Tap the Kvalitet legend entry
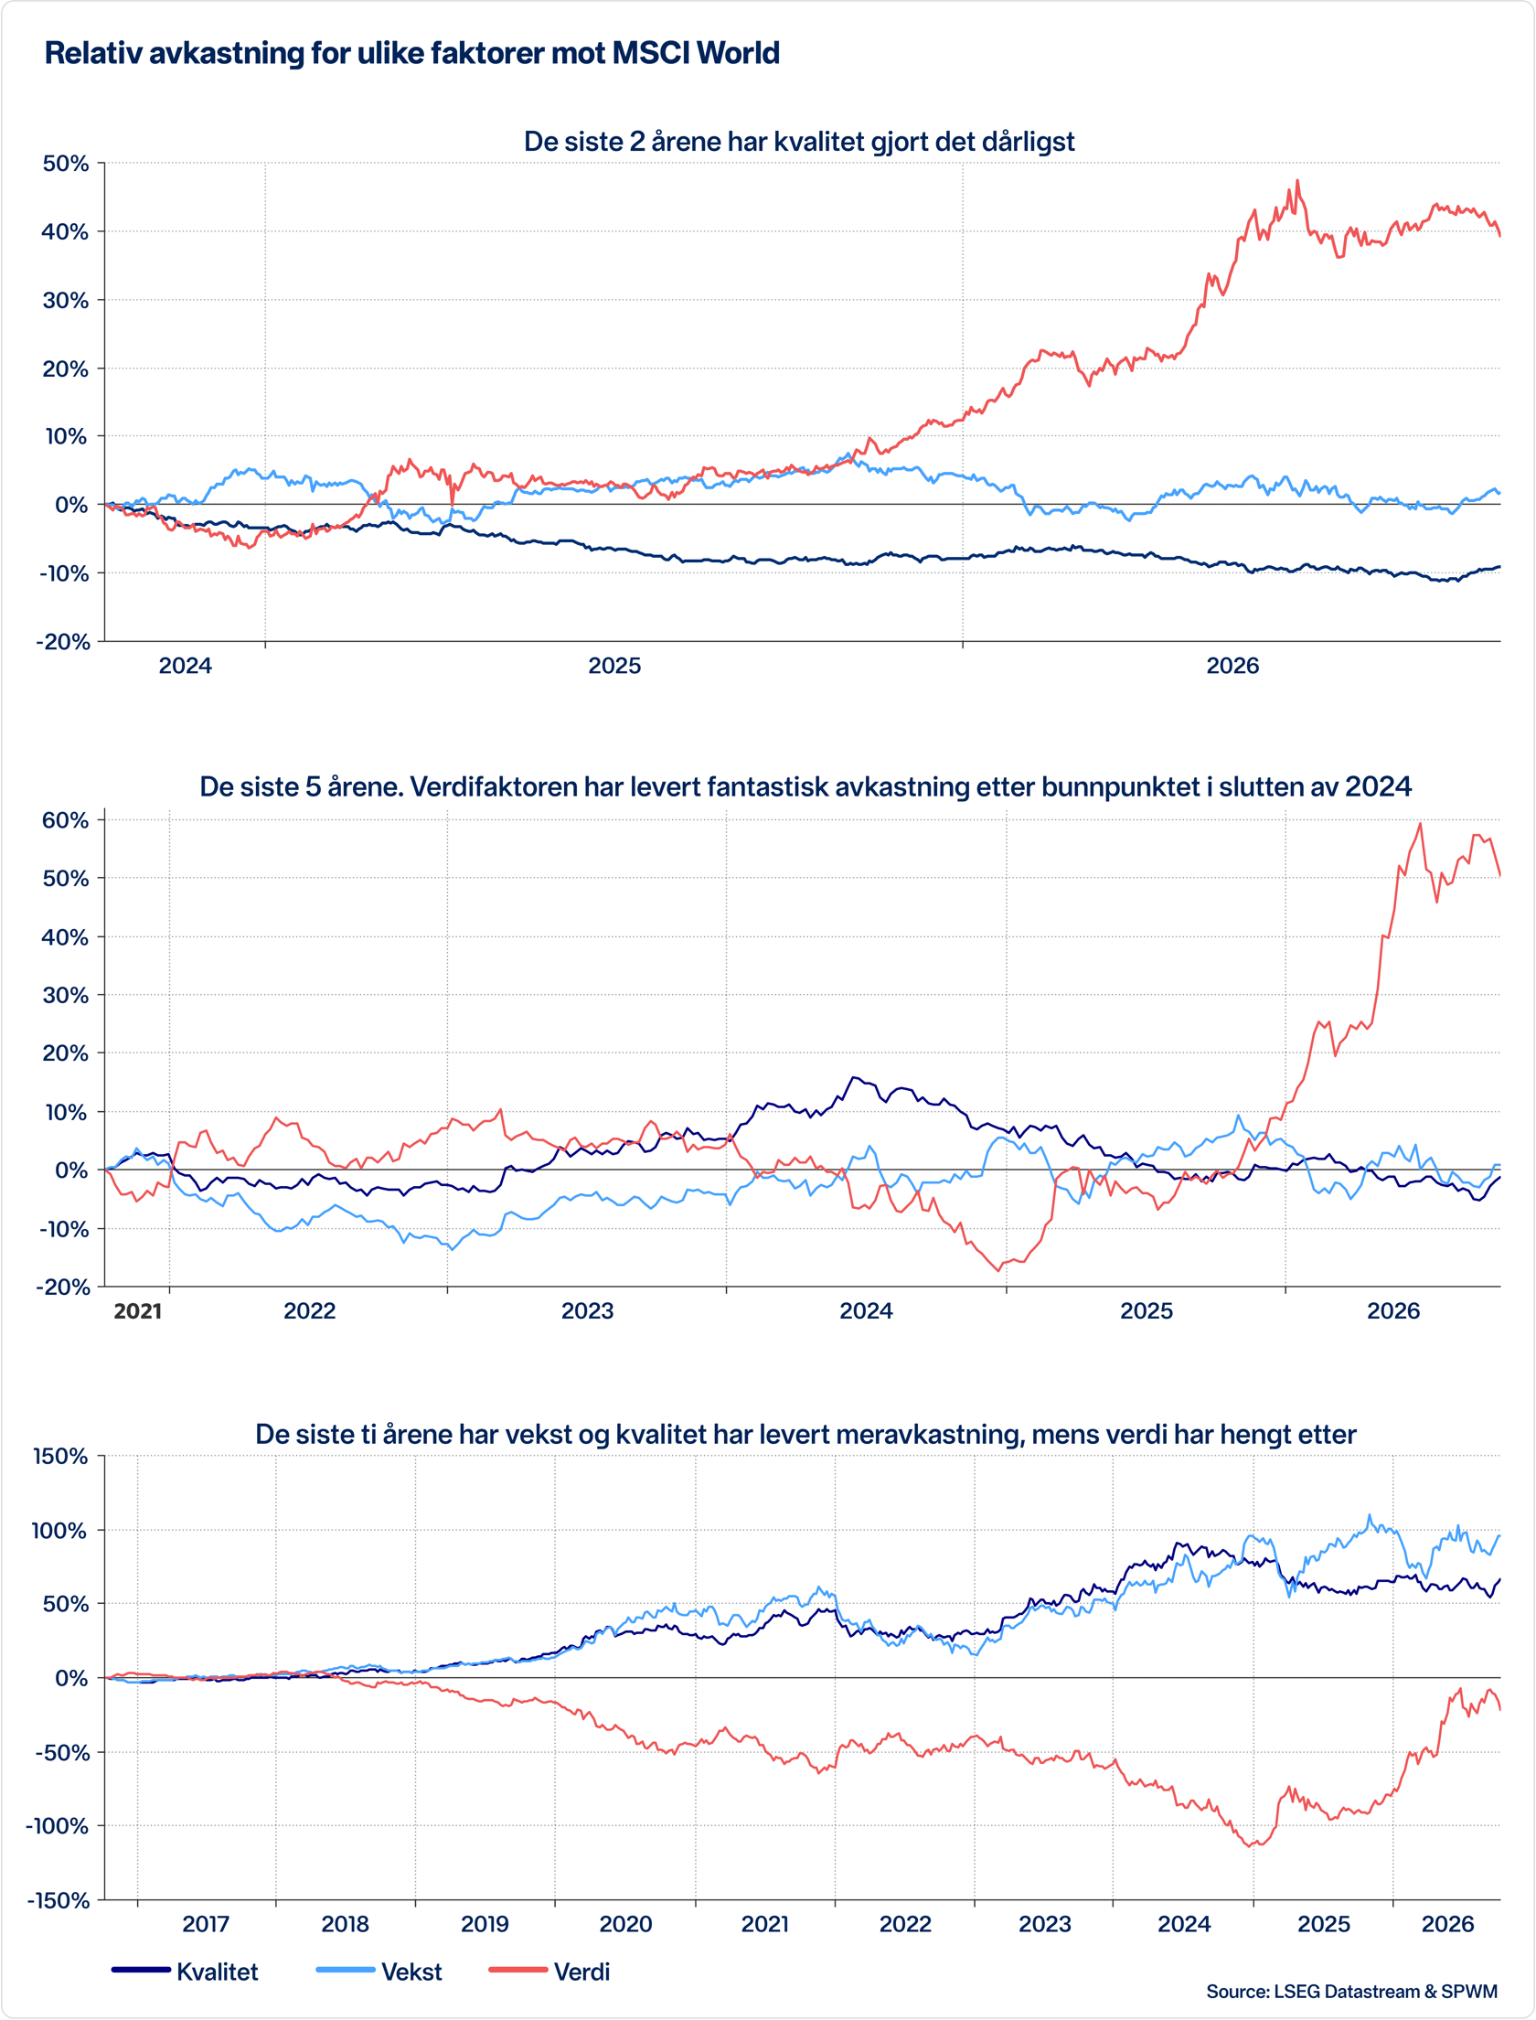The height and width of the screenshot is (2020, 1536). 185,1971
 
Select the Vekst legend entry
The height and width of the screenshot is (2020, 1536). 379,1971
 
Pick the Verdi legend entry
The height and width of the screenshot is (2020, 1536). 549,1971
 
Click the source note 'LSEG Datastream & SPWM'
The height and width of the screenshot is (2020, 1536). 1385,1991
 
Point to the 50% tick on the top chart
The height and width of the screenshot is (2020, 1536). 66,164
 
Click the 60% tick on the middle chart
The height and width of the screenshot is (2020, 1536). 66,820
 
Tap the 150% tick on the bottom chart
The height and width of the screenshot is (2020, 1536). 60,1457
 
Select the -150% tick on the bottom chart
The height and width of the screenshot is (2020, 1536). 57,1901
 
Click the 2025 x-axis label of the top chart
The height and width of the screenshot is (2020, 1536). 614,666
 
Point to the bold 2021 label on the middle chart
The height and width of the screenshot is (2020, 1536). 137,1311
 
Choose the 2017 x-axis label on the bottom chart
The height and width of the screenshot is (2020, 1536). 206,1924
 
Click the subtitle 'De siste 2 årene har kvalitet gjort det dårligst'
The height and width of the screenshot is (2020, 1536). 799,142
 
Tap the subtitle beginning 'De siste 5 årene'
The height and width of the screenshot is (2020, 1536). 805,787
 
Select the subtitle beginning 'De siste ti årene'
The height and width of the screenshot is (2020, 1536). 805,1435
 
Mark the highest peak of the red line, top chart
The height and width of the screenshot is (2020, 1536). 1296,181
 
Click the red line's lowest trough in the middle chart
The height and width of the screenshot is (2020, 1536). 998,1270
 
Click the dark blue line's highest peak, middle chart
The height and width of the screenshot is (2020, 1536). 854,1077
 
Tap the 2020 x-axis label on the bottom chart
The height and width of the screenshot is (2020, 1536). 625,1924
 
